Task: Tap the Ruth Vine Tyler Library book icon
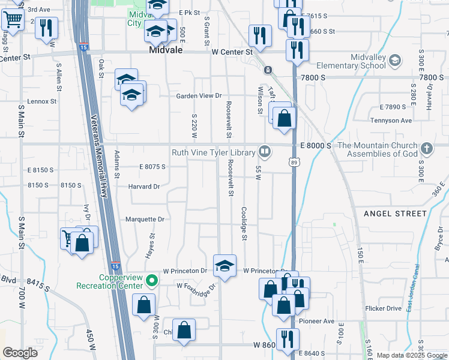tap(264, 151)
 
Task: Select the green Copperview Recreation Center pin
tap(152, 280)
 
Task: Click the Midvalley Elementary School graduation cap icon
tap(394, 60)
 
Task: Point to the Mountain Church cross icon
tap(426, 148)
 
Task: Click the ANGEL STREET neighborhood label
tap(395, 214)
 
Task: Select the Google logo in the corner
tap(20, 353)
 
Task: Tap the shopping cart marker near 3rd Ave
tap(11, 20)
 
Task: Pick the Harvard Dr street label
tap(144, 187)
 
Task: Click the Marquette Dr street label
tap(144, 220)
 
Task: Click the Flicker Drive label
tap(383, 308)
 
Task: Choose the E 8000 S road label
tap(315, 146)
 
